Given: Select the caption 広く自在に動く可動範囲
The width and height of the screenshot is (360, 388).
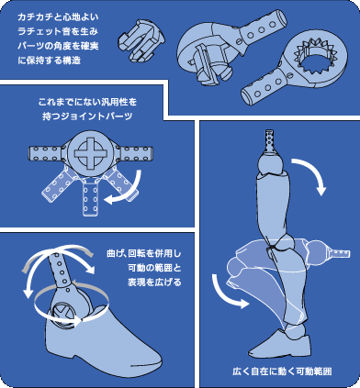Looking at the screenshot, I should coord(280,372).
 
